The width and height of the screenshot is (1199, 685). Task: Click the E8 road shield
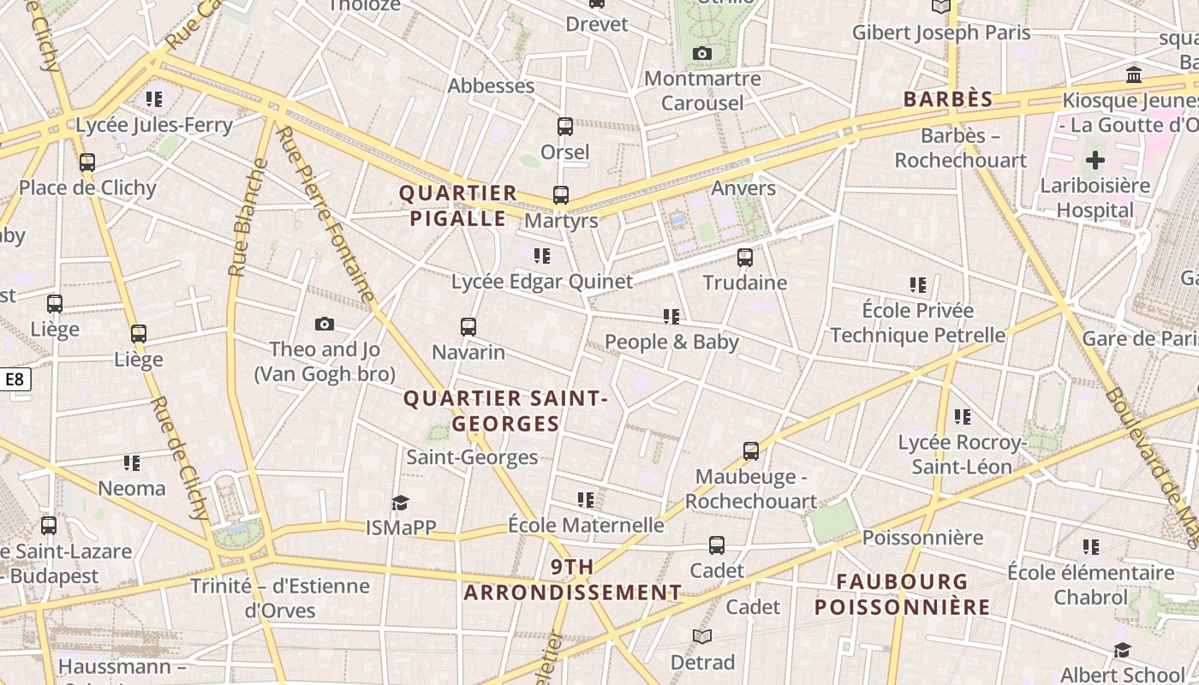16,379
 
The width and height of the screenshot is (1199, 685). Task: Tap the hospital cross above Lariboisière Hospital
1095,159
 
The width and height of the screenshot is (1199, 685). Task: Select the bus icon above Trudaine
745,257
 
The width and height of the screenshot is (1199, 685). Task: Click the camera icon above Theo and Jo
324,324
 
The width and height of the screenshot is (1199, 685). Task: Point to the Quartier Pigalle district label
458,205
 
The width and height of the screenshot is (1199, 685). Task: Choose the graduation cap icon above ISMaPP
400,503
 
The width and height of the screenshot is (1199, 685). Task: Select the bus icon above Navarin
468,326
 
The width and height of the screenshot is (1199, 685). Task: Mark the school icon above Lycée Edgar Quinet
541,255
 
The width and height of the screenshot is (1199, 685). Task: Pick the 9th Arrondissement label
573,580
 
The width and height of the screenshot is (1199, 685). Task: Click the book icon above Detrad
702,636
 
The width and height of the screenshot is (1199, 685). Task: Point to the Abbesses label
491,86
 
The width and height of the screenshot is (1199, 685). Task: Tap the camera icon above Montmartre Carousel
702,53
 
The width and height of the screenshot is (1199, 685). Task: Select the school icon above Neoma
131,463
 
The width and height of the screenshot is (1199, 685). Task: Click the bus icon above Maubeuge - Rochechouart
751,450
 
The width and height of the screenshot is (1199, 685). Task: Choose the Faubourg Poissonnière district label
902,594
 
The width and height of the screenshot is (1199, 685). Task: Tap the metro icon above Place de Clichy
86,163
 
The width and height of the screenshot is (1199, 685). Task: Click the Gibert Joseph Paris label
941,33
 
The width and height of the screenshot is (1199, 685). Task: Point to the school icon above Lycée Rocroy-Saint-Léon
963,417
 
